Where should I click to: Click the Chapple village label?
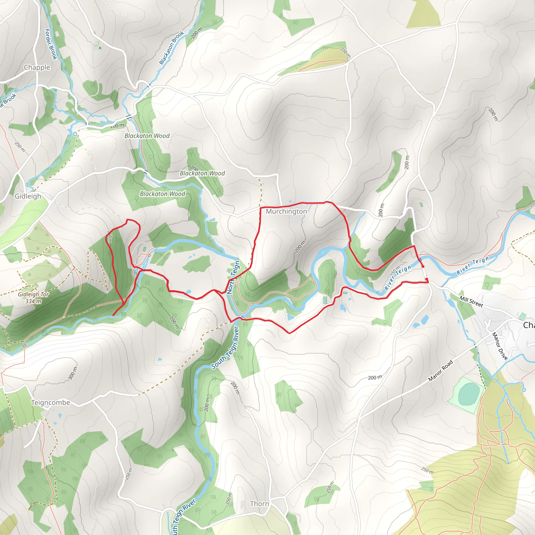[x=37, y=67]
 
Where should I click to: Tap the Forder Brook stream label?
[x=51, y=44]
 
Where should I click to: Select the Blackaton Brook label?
[x=172, y=48]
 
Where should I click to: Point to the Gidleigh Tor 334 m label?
[x=33, y=298]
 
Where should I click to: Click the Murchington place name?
[x=286, y=212]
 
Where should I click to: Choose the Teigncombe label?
[x=50, y=403]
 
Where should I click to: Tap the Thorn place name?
[x=259, y=504]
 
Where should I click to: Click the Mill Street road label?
[x=471, y=301]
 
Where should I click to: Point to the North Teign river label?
[x=234, y=277]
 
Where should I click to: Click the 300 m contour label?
[x=73, y=373]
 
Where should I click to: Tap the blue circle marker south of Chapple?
[x=75, y=134]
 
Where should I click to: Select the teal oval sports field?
[x=469, y=394]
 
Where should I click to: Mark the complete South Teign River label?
[x=225, y=348]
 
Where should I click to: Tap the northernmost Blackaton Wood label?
[x=147, y=136]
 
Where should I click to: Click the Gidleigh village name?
[x=28, y=196]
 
